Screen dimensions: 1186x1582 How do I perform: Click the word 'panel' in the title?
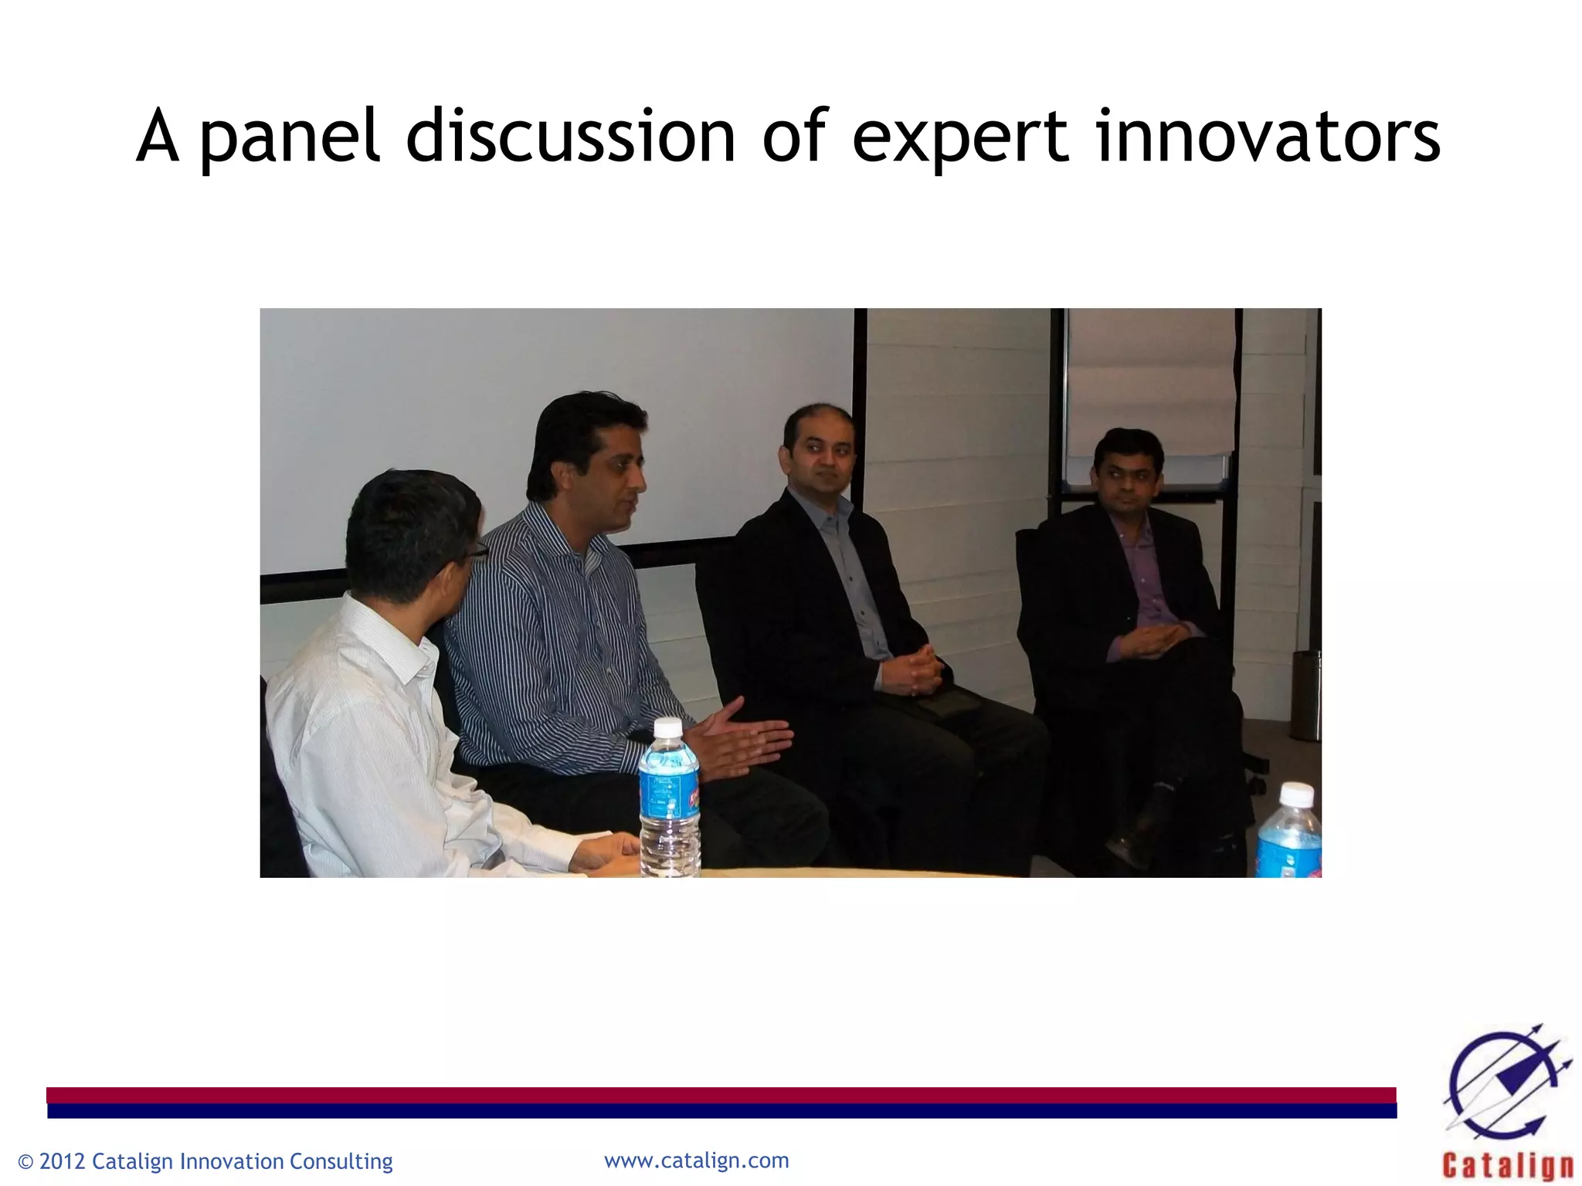pos(290,137)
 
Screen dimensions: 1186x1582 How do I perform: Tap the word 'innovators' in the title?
pos(1267,137)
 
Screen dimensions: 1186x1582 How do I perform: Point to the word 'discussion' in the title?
pos(571,137)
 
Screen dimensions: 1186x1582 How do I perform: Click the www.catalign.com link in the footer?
pos(696,1161)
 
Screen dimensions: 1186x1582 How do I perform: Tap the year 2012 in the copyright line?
pos(63,1161)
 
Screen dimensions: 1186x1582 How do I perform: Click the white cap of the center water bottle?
pos(667,727)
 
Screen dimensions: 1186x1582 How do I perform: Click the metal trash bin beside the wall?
pos(1306,695)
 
